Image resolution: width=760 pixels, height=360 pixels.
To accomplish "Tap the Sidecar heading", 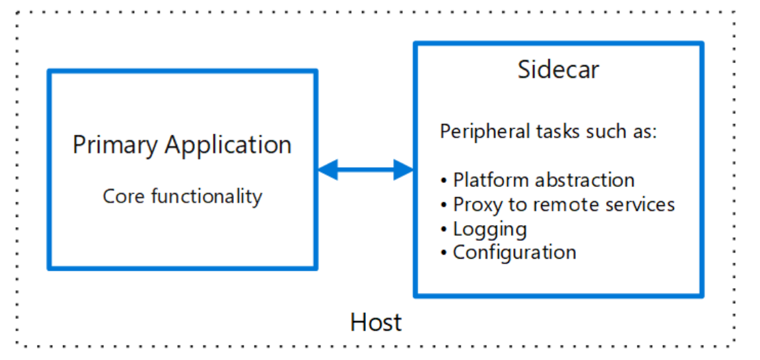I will coord(558,70).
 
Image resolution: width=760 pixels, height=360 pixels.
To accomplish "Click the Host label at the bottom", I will coord(376,322).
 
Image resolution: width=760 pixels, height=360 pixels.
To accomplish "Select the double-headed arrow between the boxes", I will coord(365,169).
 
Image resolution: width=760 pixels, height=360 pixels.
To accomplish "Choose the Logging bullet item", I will coord(490,229).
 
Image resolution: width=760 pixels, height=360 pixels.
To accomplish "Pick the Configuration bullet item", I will coord(514,253).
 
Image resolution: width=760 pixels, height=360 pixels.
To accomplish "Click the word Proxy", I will coord(475,205).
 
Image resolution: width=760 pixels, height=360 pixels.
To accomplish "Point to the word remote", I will coord(551,205).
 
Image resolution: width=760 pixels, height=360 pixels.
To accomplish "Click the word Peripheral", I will coord(482,131).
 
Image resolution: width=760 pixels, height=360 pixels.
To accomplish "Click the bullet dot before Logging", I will coord(444,229).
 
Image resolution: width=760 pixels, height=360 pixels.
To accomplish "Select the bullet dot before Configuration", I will coord(444,253).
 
